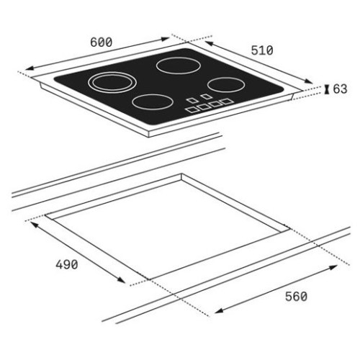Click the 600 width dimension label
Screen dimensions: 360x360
[x=101, y=42]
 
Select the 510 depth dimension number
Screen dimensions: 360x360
[x=262, y=50]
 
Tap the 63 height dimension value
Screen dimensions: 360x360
[x=340, y=89]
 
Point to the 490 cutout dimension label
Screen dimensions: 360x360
[x=67, y=265]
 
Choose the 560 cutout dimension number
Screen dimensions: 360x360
[x=296, y=297]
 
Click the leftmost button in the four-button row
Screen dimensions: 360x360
[x=192, y=109]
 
